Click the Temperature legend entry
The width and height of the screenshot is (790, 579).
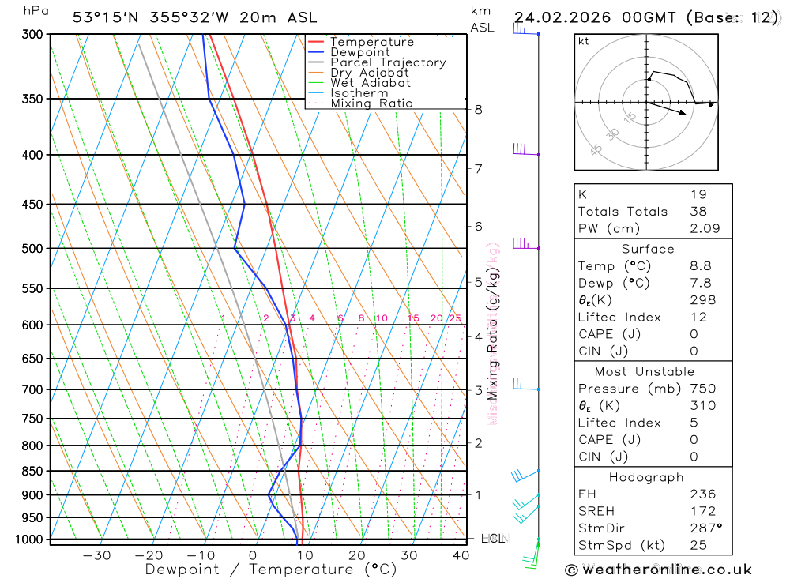tap(371, 42)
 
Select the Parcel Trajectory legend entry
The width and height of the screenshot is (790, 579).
tap(388, 62)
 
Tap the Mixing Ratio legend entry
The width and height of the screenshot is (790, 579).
tap(371, 103)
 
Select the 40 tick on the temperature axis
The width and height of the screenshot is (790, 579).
tap(461, 555)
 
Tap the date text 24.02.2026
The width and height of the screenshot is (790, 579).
tap(562, 17)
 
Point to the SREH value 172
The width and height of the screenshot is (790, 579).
tap(702, 511)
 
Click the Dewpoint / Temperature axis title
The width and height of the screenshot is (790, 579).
tap(271, 570)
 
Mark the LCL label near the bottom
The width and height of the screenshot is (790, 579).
tap(493, 539)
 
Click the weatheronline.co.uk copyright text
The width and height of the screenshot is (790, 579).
tap(658, 570)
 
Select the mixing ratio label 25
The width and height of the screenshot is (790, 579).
tap(455, 318)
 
